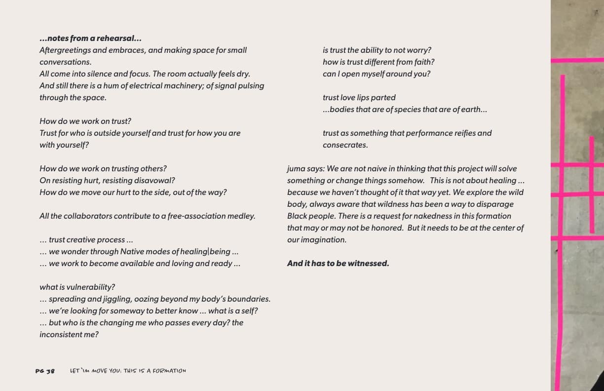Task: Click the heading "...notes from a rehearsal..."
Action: [x=91, y=38]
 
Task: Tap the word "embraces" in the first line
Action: [x=130, y=50]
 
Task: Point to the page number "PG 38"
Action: [x=45, y=371]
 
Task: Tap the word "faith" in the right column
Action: [x=422, y=62]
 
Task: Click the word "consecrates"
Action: [x=345, y=145]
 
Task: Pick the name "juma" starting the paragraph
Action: [x=296, y=168]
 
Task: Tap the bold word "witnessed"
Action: [x=368, y=263]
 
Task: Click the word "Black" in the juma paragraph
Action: [x=297, y=216]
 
